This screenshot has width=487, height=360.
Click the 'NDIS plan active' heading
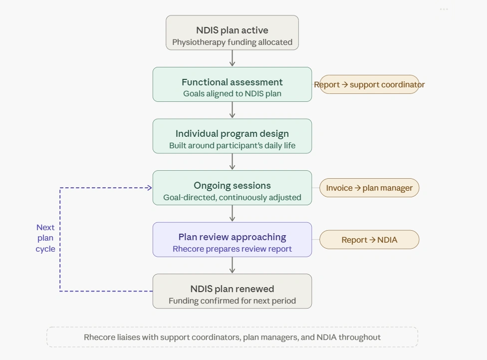[x=232, y=30]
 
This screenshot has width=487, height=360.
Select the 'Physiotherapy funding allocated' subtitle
[x=232, y=42]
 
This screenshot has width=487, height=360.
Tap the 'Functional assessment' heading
[x=232, y=82]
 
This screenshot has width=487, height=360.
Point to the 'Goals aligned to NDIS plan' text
[x=232, y=94]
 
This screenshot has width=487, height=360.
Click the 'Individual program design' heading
[x=232, y=134]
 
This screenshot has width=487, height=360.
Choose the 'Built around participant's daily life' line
[x=232, y=146]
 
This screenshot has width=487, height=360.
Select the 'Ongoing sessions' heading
[x=232, y=185]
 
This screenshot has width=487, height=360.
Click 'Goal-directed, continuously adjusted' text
[x=232, y=197]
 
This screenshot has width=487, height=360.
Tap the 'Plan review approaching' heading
[x=232, y=237]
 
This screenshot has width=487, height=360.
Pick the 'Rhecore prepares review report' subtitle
[x=232, y=249]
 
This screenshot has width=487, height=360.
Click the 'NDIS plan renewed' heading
[x=232, y=289]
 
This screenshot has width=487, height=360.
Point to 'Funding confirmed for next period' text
[x=232, y=301]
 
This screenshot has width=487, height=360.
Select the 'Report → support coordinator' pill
[x=369, y=84]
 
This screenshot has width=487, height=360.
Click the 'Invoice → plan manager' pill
[x=369, y=188]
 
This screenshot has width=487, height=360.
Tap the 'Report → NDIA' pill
[x=369, y=240]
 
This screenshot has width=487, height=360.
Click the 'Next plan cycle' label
[x=45, y=238]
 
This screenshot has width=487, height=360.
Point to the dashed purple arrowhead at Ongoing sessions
[x=149, y=188]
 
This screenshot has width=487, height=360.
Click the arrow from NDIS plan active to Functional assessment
[x=233, y=58]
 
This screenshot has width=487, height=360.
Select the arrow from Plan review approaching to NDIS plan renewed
[x=233, y=265]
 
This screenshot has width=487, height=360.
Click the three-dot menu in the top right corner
[x=444, y=9]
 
